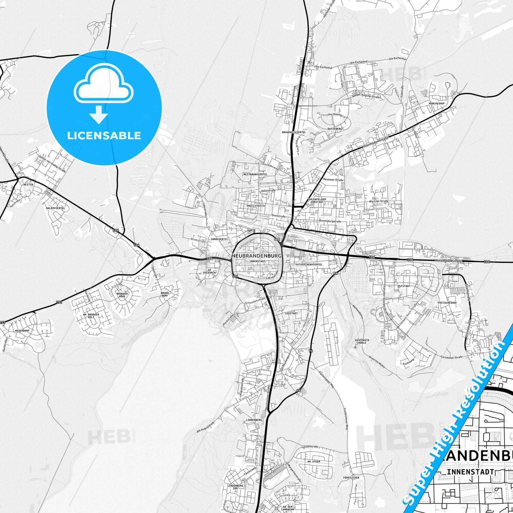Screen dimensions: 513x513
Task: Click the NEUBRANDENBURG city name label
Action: click(x=257, y=256)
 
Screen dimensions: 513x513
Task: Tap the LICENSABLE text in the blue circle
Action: click(x=104, y=135)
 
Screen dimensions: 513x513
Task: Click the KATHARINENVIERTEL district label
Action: click(x=306, y=264)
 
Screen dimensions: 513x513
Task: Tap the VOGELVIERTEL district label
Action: click(x=256, y=206)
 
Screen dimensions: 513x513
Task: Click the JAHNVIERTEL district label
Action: click(x=219, y=239)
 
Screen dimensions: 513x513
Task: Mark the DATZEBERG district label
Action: click(x=335, y=129)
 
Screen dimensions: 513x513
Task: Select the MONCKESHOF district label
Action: click(x=437, y=103)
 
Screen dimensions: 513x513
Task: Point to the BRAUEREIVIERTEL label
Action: click(x=294, y=132)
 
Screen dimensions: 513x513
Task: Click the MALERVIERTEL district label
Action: click(x=55, y=208)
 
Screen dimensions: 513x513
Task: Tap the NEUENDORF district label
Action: click(x=22, y=331)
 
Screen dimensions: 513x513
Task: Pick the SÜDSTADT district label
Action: click(x=291, y=313)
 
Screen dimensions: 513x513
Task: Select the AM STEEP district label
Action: click(x=314, y=462)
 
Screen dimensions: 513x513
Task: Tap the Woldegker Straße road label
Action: click(x=449, y=261)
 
